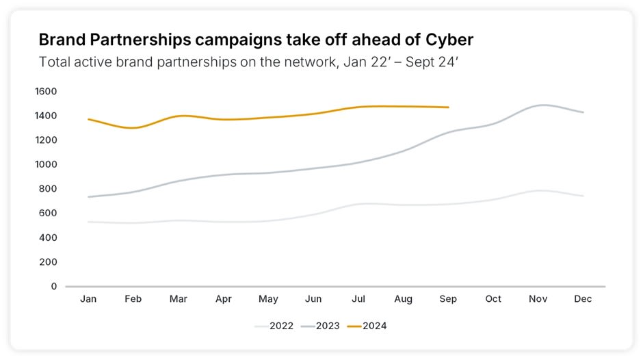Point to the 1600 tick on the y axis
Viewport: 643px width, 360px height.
pyautogui.click(x=46, y=91)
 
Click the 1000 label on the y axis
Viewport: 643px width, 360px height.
pyautogui.click(x=46, y=164)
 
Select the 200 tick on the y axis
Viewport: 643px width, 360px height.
pyautogui.click(x=48, y=262)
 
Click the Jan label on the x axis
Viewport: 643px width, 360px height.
pyautogui.click(x=88, y=299)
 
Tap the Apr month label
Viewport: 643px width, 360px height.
pyautogui.click(x=224, y=299)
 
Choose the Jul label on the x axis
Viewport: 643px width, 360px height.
pyautogui.click(x=358, y=299)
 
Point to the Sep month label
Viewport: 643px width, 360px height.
pyautogui.click(x=448, y=299)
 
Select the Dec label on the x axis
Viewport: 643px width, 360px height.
pyautogui.click(x=583, y=299)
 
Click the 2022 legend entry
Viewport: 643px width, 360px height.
pyautogui.click(x=274, y=326)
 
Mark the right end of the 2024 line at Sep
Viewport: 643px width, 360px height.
pyautogui.click(x=448, y=107)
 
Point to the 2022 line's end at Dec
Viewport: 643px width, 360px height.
pyautogui.click(x=583, y=196)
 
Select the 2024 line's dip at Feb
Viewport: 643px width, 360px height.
pyautogui.click(x=133, y=128)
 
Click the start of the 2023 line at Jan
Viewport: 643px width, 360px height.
pyautogui.click(x=88, y=197)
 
